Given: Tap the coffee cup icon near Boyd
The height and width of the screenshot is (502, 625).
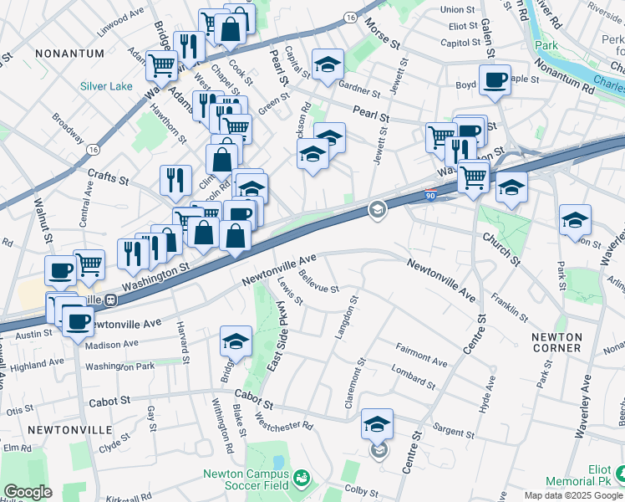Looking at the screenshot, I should [x=495, y=80].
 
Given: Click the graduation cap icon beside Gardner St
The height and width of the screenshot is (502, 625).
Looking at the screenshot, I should [x=328, y=64].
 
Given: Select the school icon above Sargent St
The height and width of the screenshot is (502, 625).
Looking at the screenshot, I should [x=377, y=424].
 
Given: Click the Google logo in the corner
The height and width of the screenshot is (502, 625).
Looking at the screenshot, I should [x=28, y=492].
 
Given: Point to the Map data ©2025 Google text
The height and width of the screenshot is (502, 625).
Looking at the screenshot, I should [x=573, y=495].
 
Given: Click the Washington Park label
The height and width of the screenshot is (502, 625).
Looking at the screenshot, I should [x=119, y=366].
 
